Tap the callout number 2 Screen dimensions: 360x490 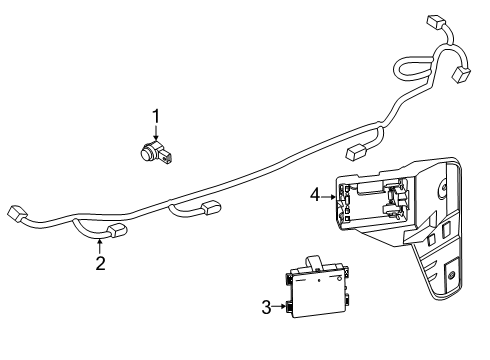(x=100, y=264)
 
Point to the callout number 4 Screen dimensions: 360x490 (x=315, y=197)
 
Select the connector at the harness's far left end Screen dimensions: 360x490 (x=15, y=212)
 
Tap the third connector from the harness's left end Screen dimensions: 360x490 (x=211, y=209)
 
